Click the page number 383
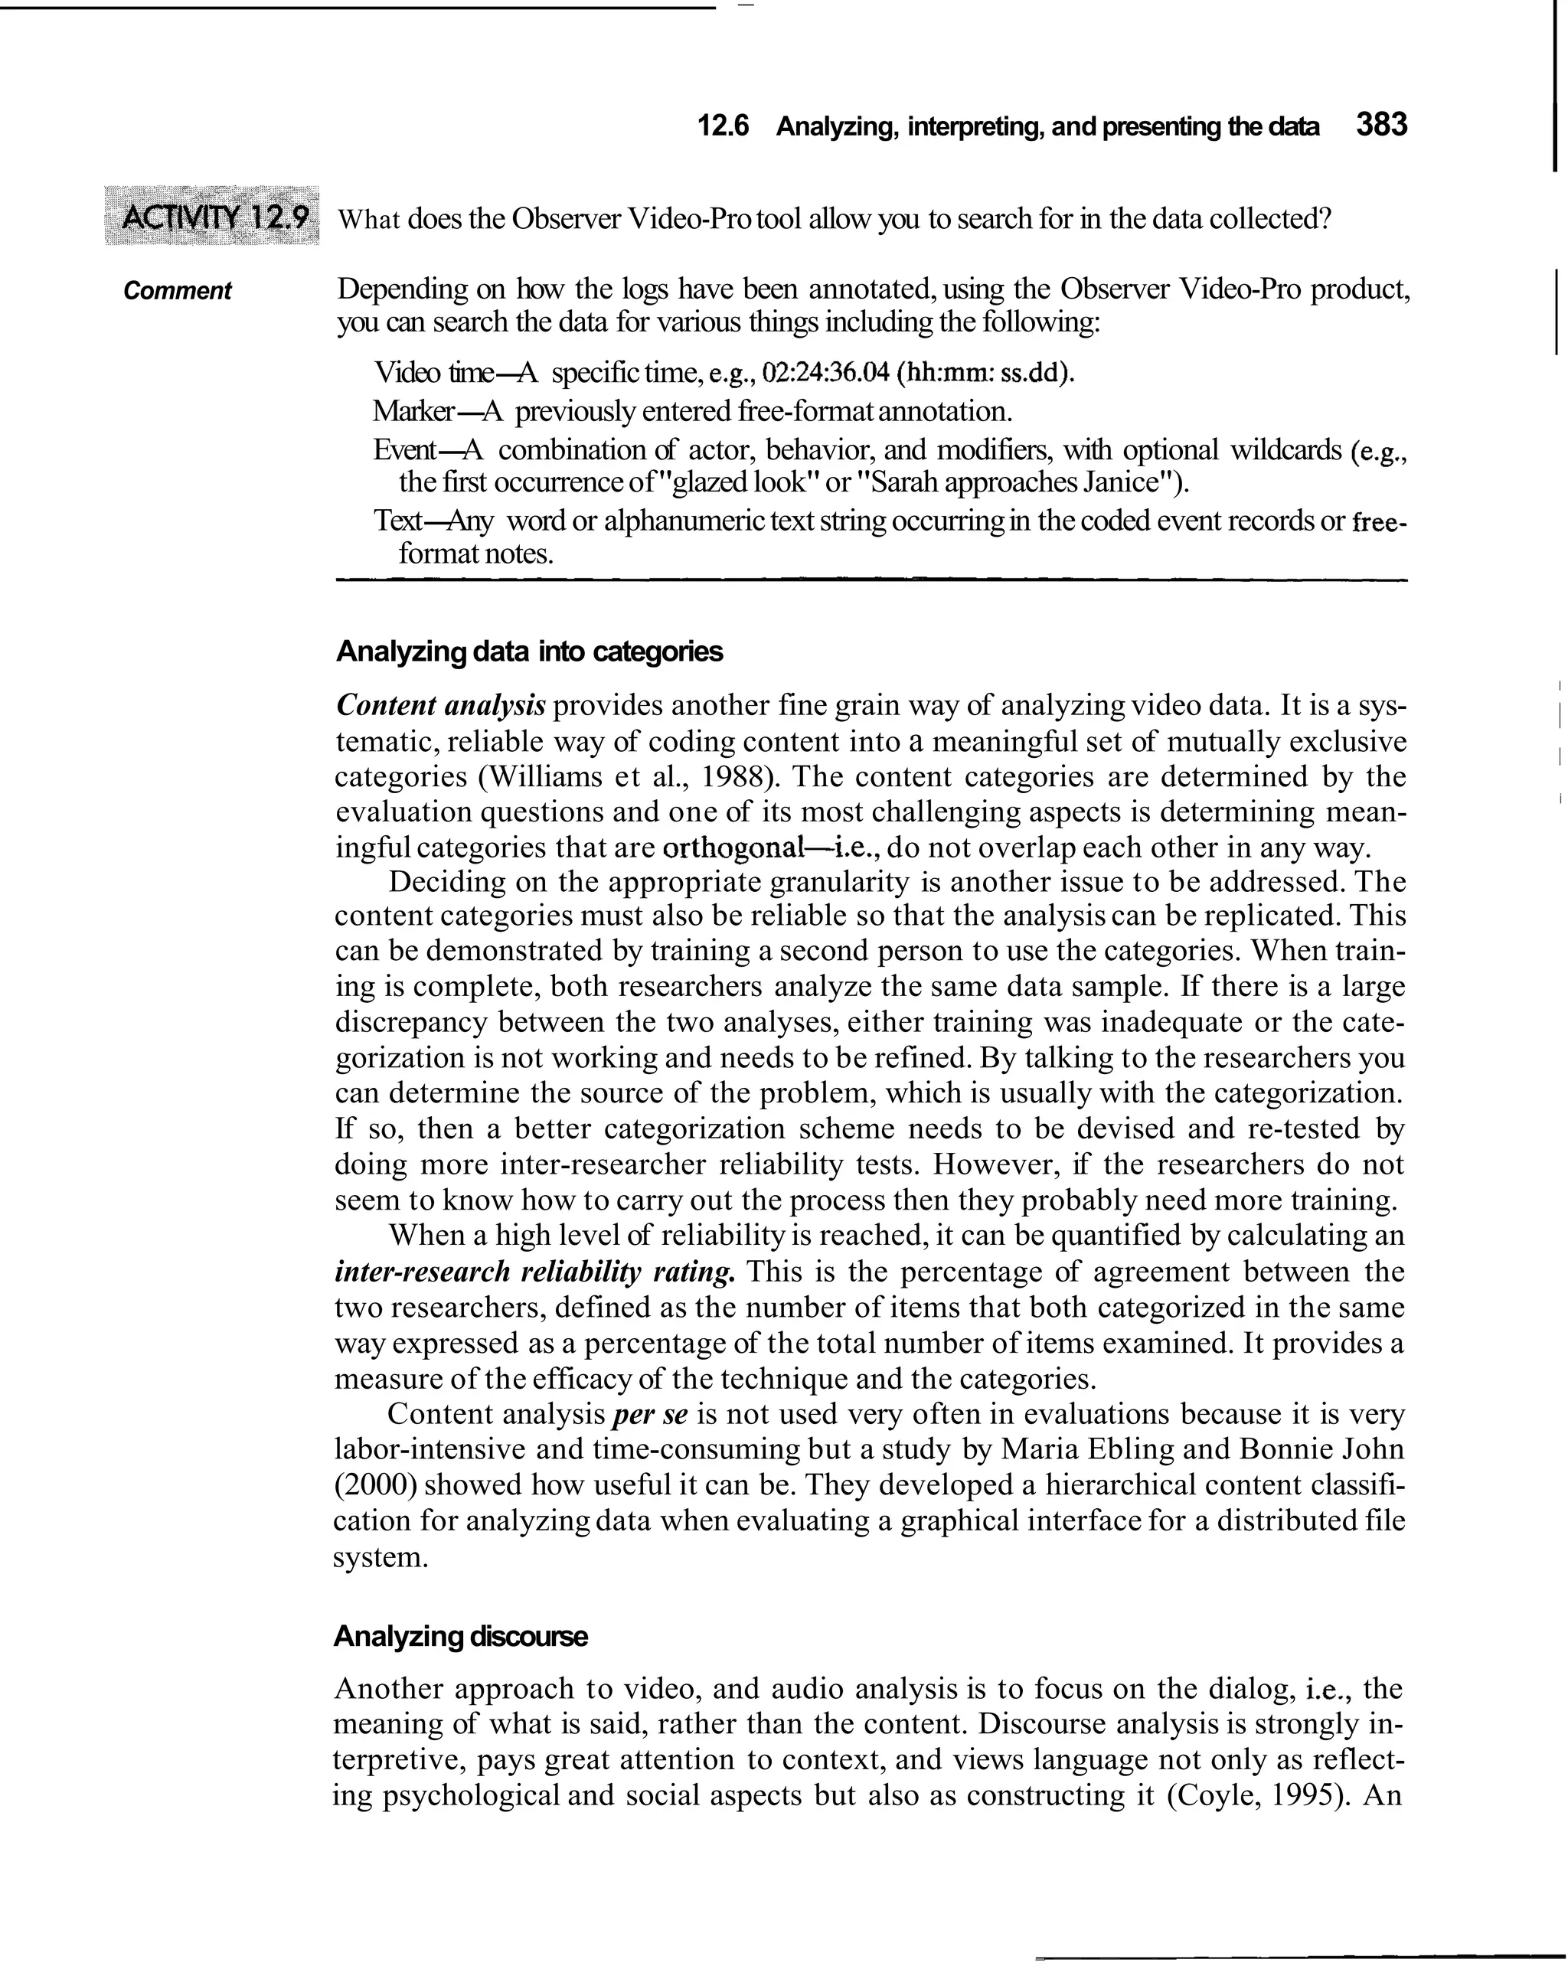click(x=1381, y=125)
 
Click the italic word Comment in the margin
click(x=177, y=291)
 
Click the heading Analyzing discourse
click(x=461, y=1636)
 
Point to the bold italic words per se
click(x=648, y=1414)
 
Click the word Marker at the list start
click(x=413, y=411)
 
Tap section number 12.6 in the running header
click(x=723, y=127)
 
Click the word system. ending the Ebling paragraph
click(x=380, y=1556)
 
